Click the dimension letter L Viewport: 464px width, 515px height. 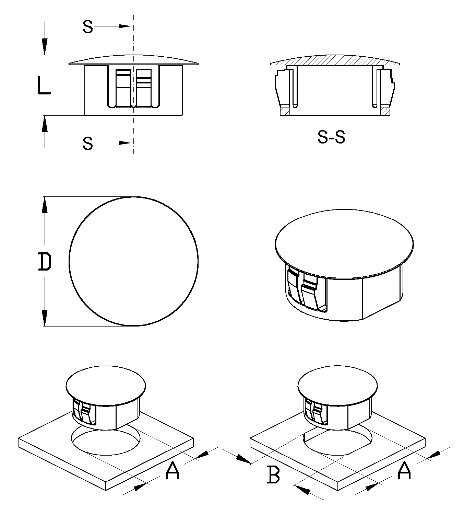[44, 85]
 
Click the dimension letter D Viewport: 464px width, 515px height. [45, 262]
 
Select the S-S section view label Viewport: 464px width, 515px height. [331, 137]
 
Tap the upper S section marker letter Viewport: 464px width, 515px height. [88, 27]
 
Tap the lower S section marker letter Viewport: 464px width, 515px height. [88, 144]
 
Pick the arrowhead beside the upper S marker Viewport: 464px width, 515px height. [125, 26]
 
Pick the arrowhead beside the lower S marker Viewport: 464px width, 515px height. [125, 143]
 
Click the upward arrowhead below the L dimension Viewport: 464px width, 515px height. [45, 124]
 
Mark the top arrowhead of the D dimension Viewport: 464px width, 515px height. [45, 205]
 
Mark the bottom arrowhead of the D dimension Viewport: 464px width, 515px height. [45, 318]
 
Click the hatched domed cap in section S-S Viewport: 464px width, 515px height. [335, 60]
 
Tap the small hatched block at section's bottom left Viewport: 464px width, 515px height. [285, 111]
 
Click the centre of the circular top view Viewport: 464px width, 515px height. [133, 261]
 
